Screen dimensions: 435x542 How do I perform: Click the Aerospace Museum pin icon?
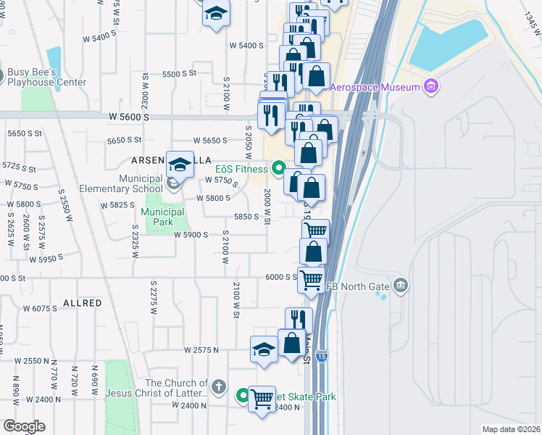(x=431, y=87)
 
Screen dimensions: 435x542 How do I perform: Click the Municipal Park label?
(x=163, y=212)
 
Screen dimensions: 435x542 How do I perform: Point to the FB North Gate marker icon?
(x=400, y=285)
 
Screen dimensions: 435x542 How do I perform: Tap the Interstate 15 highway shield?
(x=322, y=356)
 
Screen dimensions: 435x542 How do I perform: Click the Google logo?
(x=24, y=426)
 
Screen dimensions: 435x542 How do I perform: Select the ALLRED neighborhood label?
(x=82, y=302)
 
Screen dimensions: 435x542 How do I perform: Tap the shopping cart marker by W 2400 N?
(x=262, y=398)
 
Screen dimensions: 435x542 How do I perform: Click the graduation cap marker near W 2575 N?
(x=264, y=349)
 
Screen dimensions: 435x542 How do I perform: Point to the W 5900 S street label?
(x=191, y=234)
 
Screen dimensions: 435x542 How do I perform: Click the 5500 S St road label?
(x=180, y=74)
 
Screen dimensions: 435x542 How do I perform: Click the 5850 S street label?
(x=246, y=216)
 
